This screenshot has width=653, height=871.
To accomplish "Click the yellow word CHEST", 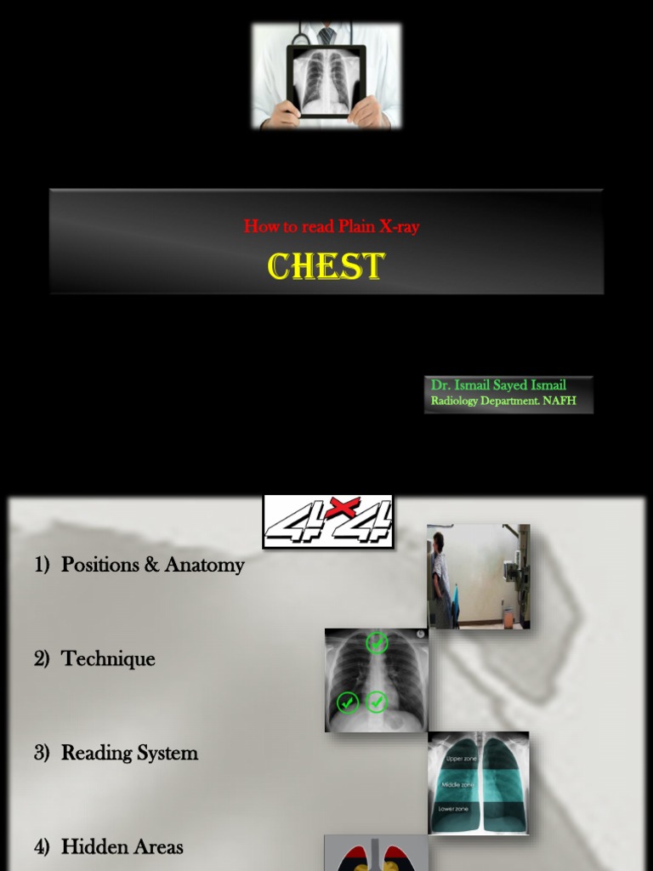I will click(x=326, y=266).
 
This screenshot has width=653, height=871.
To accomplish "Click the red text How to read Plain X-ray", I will click(x=332, y=226).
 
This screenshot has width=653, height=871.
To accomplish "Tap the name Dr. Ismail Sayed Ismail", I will click(x=498, y=385).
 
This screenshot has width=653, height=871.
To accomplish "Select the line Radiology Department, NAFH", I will click(x=503, y=401).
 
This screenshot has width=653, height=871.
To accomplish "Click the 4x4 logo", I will click(x=328, y=521).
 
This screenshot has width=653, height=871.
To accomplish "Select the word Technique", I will click(x=108, y=659).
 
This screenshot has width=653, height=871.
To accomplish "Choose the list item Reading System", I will click(x=129, y=753).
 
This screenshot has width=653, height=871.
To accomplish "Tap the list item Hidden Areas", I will click(x=122, y=847).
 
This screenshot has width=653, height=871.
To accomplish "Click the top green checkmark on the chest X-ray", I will click(x=377, y=643).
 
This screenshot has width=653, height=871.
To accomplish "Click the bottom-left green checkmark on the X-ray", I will click(x=348, y=703).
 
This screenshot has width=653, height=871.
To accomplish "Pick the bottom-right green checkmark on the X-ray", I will click(x=377, y=703).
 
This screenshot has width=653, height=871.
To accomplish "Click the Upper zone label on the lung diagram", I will click(x=462, y=757).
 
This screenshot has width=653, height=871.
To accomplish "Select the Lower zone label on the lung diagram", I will click(x=457, y=809).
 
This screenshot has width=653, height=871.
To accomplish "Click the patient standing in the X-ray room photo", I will click(x=440, y=578).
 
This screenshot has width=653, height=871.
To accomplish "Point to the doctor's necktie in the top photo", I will click(x=326, y=35).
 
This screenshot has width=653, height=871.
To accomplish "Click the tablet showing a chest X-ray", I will click(x=326, y=81).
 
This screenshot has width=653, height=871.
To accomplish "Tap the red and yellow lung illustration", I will click(x=375, y=854).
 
